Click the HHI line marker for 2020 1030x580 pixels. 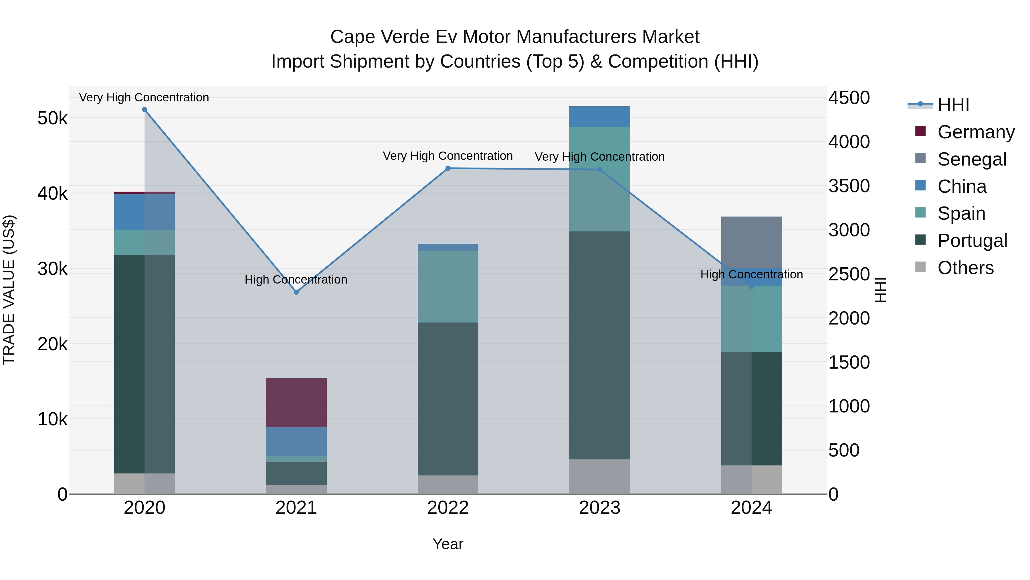pos(144,110)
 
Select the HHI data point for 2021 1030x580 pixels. pos(296,292)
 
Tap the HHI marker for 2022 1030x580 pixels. pos(448,168)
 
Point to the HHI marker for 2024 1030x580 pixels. pos(751,287)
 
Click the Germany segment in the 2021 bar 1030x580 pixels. pos(296,403)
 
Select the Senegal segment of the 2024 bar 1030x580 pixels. pos(751,242)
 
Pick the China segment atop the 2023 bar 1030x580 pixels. pos(599,117)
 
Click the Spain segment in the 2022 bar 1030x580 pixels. pos(448,287)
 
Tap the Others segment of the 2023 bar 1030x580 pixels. pos(599,476)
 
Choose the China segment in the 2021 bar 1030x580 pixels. pos(296,441)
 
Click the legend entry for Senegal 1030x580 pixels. pos(971,159)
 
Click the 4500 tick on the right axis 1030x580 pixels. pos(849,98)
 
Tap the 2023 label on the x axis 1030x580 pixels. pos(599,508)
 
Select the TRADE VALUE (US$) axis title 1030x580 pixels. pos(9,290)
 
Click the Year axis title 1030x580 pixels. pos(448,544)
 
